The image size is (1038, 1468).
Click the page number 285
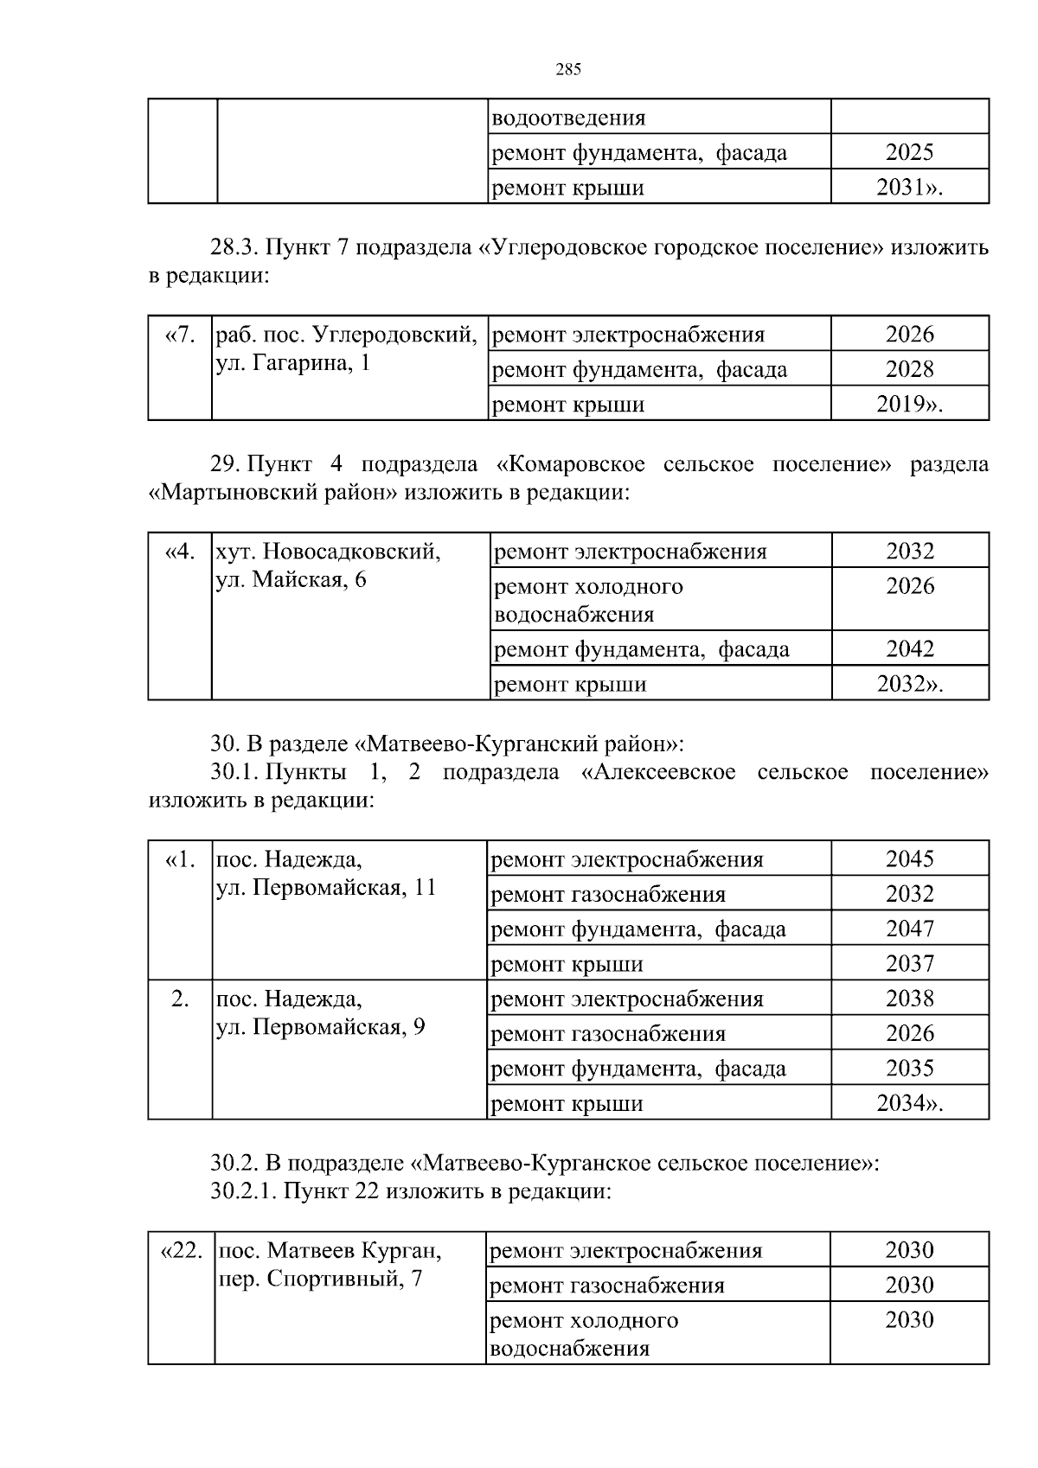point(567,70)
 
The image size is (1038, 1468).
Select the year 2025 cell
point(909,153)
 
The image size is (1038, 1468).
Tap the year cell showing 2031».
point(909,188)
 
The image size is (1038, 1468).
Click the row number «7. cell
point(180,335)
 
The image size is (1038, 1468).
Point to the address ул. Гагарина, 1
point(292,363)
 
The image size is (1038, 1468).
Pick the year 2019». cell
point(909,405)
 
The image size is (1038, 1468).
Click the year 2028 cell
point(909,370)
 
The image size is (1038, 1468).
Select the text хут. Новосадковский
point(328,552)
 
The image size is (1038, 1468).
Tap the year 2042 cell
point(909,649)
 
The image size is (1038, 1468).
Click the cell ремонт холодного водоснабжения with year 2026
point(588,600)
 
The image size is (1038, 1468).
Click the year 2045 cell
point(909,859)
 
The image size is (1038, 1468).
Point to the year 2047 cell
point(909,929)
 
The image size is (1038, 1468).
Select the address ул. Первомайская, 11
point(325,888)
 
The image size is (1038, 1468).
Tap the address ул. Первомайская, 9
point(320,1027)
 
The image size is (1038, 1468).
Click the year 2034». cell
point(909,1104)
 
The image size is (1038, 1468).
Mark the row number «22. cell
point(182,1250)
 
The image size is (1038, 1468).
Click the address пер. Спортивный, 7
point(318,1279)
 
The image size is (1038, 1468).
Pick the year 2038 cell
point(909,999)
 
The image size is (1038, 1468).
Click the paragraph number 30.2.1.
point(243,1191)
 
